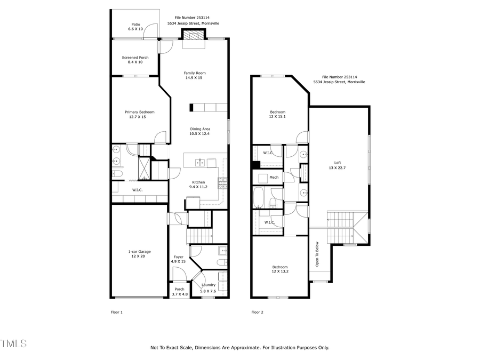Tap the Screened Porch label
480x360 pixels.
135,58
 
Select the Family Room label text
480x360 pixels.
195,73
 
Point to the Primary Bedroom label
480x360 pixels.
139,112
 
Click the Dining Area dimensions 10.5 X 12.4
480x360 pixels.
200,134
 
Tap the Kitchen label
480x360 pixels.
197,182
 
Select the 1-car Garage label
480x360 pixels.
139,252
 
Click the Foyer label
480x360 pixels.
178,257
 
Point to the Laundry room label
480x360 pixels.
208,285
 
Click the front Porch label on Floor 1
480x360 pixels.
179,289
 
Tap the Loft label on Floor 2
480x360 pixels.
338,163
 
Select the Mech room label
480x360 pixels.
274,177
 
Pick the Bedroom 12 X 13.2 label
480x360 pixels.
280,267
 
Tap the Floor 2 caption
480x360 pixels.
258,313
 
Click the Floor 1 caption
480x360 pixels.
116,313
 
